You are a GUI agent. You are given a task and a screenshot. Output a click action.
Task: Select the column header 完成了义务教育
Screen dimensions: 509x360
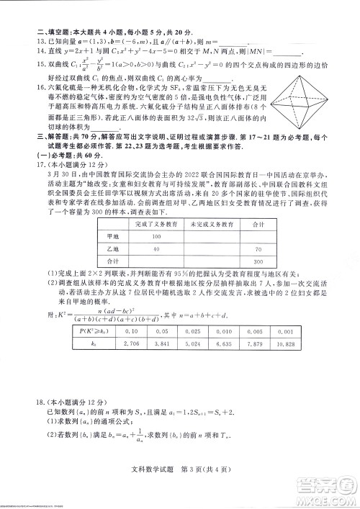(x=156, y=246)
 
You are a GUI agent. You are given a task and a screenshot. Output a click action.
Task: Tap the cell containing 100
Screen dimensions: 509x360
(x=156, y=257)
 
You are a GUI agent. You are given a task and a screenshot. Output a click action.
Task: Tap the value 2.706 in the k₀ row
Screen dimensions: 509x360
(x=132, y=366)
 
